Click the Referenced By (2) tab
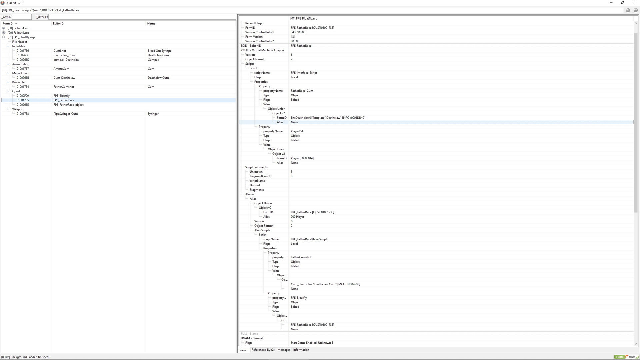click(x=263, y=350)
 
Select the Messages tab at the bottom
click(x=284, y=350)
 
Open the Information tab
click(x=301, y=350)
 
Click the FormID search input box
click(x=22, y=17)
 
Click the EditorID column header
click(x=58, y=23)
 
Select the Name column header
click(x=151, y=23)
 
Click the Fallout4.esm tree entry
click(x=19, y=28)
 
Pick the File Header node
click(x=20, y=42)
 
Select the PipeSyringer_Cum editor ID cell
click(x=66, y=114)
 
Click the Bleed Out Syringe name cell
click(x=160, y=51)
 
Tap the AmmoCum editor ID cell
click(x=61, y=69)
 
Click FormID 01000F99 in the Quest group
click(x=23, y=96)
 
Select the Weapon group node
click(x=18, y=109)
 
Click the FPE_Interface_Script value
click(x=304, y=73)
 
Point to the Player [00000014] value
click(x=302, y=158)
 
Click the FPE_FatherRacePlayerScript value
click(x=309, y=239)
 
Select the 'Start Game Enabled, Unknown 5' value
click(x=312, y=343)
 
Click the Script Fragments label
click(x=256, y=167)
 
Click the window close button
click(x=634, y=3)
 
